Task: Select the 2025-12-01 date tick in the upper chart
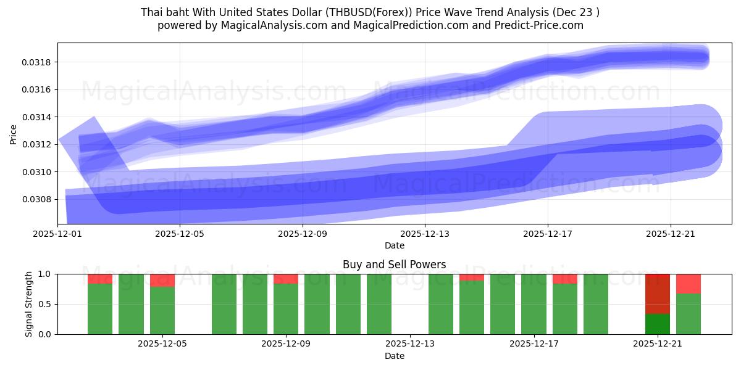click(x=57, y=234)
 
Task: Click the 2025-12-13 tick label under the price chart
click(x=425, y=234)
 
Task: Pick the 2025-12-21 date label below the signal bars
click(x=658, y=343)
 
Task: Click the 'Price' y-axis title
click(x=14, y=134)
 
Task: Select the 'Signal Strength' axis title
click(x=29, y=304)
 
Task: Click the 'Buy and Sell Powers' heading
click(x=394, y=265)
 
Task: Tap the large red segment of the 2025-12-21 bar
click(x=658, y=294)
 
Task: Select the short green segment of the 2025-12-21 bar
click(x=658, y=324)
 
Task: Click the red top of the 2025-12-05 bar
click(x=162, y=280)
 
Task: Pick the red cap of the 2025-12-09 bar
click(x=286, y=279)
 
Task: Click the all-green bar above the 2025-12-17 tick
click(x=534, y=304)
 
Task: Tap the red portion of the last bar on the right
click(x=689, y=284)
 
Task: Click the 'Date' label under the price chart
click(x=395, y=245)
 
